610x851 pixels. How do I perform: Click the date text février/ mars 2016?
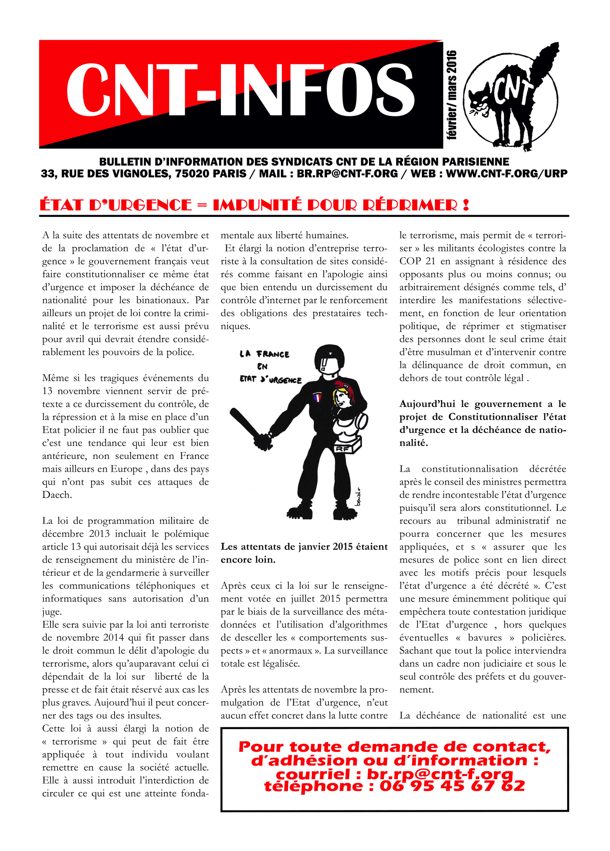tap(452, 95)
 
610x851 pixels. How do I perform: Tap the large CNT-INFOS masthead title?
tap(240, 90)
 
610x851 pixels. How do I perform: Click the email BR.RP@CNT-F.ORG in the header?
tap(347, 174)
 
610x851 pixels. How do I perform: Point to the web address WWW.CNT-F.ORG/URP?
tap(507, 174)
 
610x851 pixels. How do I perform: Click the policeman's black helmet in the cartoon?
tap(329, 359)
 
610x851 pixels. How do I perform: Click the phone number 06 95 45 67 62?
tap(452, 786)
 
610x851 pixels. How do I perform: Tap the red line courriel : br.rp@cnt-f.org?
tap(394, 774)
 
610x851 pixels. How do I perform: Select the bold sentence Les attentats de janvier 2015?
tap(304, 547)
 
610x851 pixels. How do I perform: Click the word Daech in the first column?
tap(57, 495)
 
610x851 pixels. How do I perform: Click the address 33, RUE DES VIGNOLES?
tap(105, 174)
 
